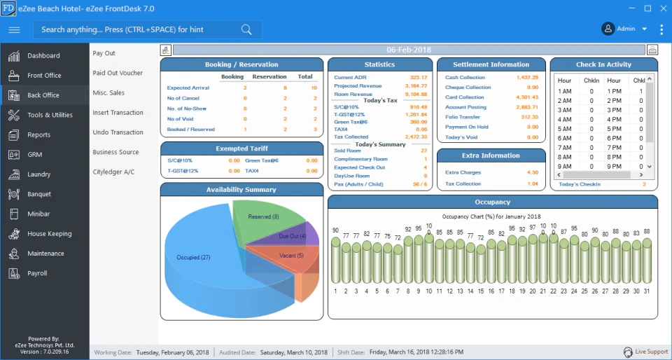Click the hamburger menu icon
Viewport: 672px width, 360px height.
[x=14, y=29]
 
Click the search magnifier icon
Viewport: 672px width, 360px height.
[x=246, y=29]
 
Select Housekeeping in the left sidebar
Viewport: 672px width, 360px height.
[x=49, y=234]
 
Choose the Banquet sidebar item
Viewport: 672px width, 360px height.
[x=39, y=194]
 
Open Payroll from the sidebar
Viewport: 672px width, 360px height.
[x=37, y=273]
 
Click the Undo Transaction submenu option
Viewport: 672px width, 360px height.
[x=118, y=132]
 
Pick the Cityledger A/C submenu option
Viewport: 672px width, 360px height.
[x=113, y=172]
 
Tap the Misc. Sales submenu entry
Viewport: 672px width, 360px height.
[x=108, y=92]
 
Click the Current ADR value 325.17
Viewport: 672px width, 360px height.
[x=418, y=77]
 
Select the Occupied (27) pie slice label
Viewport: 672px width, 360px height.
[x=193, y=258]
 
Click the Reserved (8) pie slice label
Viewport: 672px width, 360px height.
[x=263, y=217]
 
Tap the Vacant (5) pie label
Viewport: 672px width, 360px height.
[x=290, y=256]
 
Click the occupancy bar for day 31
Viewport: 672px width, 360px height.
[x=647, y=259]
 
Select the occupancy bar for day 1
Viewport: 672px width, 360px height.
[x=335, y=259]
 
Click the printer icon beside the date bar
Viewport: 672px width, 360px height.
[x=652, y=50]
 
